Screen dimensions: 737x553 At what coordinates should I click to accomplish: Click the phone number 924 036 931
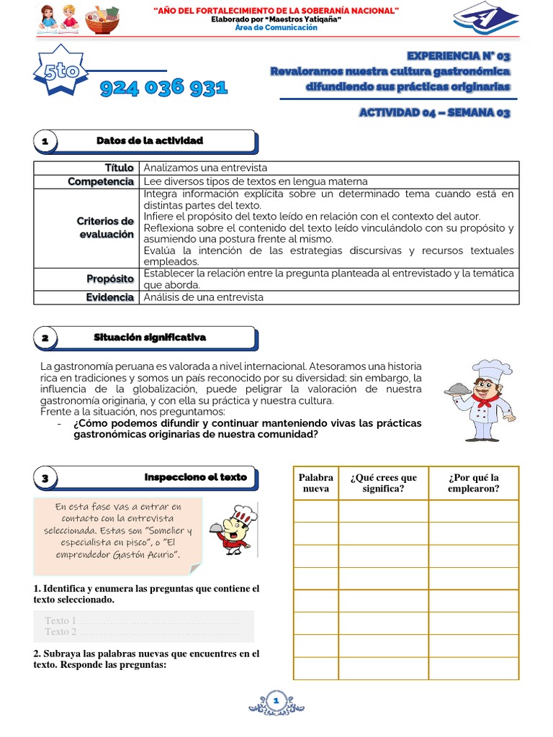coord(163,88)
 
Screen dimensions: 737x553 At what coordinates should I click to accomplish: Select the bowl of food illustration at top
coord(102,19)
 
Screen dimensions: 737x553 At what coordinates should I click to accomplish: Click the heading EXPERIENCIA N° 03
coord(458,55)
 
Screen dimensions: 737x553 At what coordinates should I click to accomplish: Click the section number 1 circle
coord(45,142)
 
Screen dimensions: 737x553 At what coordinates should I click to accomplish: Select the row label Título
coord(119,168)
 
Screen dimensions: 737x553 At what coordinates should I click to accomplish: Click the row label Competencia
coord(101,181)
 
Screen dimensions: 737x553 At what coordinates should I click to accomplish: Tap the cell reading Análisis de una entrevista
coord(204,297)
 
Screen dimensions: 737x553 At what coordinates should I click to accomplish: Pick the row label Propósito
coord(110,279)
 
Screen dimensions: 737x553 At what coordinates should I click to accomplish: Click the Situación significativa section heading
coord(150,337)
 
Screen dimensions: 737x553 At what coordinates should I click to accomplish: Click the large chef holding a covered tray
coord(478,400)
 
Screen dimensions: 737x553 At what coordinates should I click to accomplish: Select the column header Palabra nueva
coord(315,483)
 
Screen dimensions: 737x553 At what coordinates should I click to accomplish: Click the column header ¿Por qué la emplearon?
coord(473,483)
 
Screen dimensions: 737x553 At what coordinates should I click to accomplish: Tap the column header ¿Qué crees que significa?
coord(383,483)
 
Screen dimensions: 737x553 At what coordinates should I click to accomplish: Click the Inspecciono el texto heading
coord(195,477)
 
